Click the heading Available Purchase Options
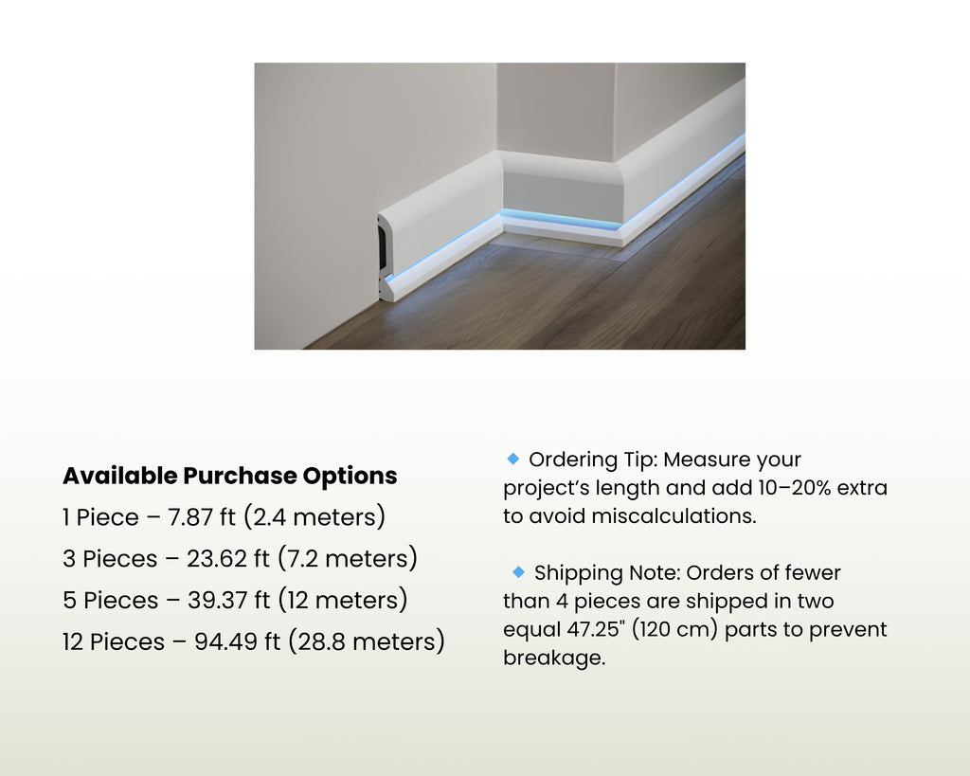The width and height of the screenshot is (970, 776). tap(229, 476)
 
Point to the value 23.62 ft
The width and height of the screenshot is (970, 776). tap(228, 559)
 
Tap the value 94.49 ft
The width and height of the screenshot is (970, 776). tap(237, 642)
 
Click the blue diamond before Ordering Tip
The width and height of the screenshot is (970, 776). tap(513, 459)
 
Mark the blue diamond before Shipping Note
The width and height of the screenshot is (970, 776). tap(518, 571)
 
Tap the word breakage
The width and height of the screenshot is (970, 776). tap(553, 658)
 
